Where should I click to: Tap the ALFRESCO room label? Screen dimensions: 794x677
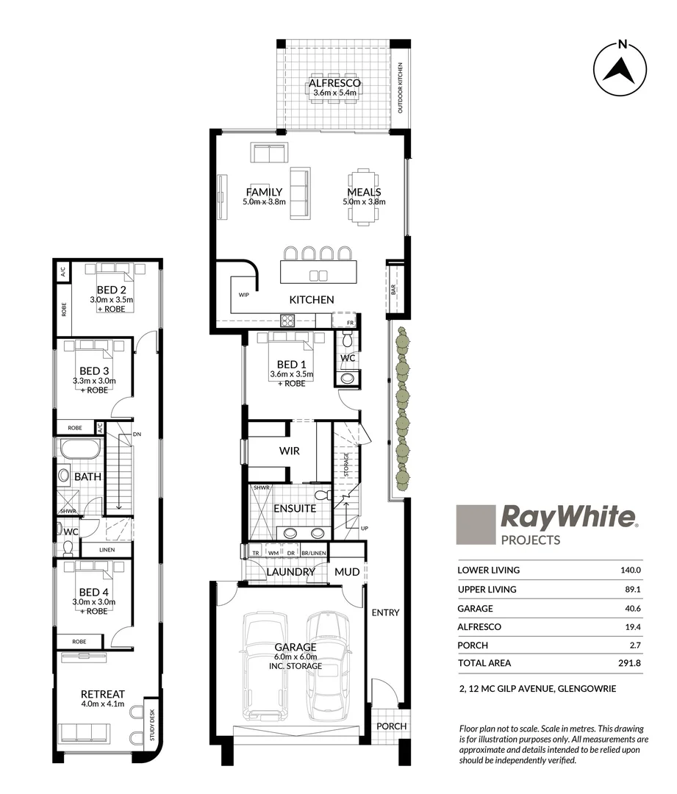click(x=334, y=84)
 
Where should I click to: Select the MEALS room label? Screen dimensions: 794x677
click(x=365, y=193)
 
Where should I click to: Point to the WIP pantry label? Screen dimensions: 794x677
click(x=244, y=294)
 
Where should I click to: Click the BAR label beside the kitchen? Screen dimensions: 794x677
click(x=394, y=290)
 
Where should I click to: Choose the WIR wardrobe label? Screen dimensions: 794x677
click(x=289, y=451)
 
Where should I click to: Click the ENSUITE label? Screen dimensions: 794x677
click(x=295, y=508)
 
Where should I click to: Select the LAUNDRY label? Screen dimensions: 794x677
click(x=290, y=572)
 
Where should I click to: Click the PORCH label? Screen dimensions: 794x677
click(x=391, y=726)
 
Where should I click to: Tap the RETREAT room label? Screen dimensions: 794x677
click(x=103, y=694)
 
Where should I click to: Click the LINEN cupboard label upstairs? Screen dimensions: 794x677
click(x=106, y=550)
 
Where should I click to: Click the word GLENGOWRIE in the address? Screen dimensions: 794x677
click(x=587, y=689)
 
